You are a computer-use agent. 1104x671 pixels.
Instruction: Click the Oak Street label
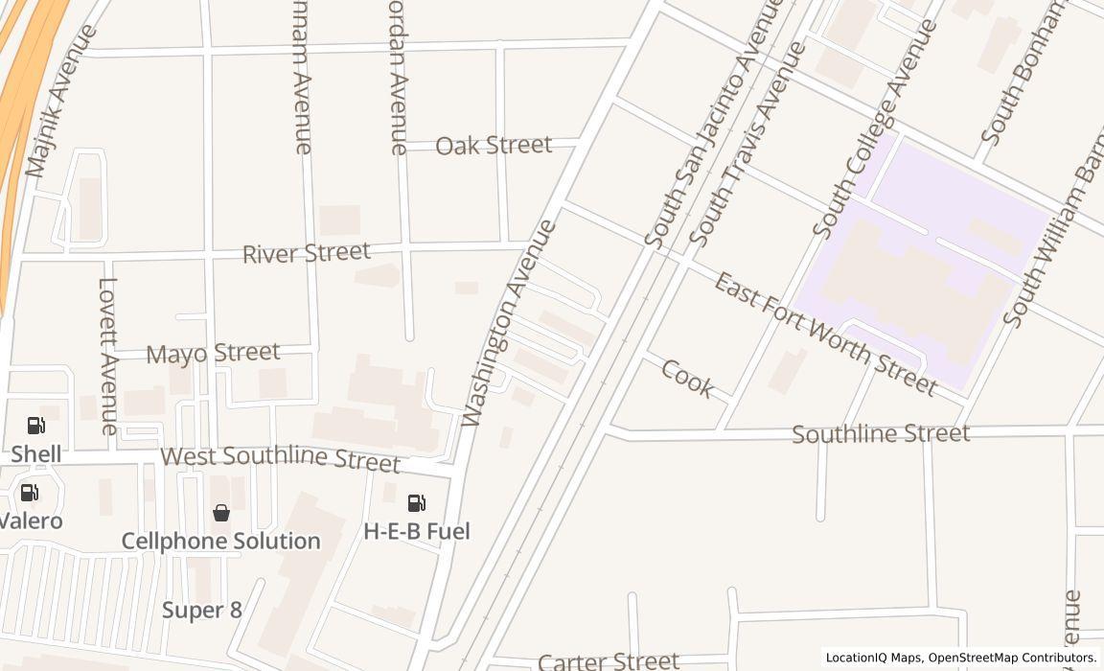tap(494, 145)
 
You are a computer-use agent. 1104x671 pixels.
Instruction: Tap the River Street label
tap(306, 253)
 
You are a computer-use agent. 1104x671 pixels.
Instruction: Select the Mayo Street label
tap(213, 353)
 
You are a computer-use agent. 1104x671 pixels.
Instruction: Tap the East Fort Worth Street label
tap(825, 334)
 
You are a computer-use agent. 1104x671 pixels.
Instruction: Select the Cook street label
tap(687, 379)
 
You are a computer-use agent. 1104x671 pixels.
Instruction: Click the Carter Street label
tap(609, 660)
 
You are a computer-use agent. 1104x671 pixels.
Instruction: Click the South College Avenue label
tap(874, 128)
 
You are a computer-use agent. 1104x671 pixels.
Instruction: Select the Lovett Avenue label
tap(108, 357)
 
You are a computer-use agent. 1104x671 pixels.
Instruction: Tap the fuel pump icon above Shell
tap(35, 425)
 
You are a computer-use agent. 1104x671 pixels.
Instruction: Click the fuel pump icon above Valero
tap(30, 493)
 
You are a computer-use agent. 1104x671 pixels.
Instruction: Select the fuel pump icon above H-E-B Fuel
tap(417, 503)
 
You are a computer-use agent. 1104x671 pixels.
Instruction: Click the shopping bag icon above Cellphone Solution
tap(221, 513)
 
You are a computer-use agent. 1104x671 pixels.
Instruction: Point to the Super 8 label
tap(201, 610)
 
